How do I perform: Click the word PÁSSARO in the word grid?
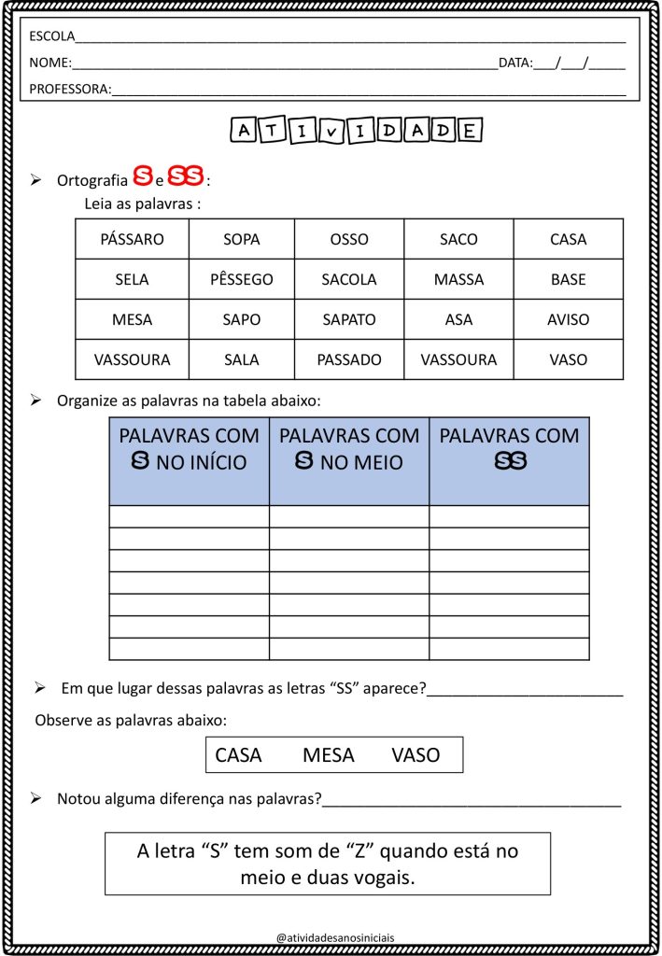pos(132,239)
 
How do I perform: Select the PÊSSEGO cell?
pos(241,279)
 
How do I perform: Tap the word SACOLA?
pos(348,279)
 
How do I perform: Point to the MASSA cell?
pos(458,279)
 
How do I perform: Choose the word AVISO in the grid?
pos(568,319)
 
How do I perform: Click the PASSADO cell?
pos(348,359)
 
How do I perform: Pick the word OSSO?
pos(348,239)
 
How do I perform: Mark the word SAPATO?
pos(348,319)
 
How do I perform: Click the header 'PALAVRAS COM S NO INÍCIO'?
pos(190,448)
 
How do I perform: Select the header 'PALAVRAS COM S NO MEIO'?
pos(349,448)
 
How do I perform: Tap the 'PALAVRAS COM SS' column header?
pos(509,448)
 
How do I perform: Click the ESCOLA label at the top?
pos(52,37)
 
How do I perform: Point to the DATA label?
pos(514,63)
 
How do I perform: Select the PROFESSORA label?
pos(70,90)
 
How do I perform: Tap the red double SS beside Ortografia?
pos(186,176)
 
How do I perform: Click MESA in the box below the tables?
pos(329,755)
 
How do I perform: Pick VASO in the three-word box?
pos(416,755)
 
